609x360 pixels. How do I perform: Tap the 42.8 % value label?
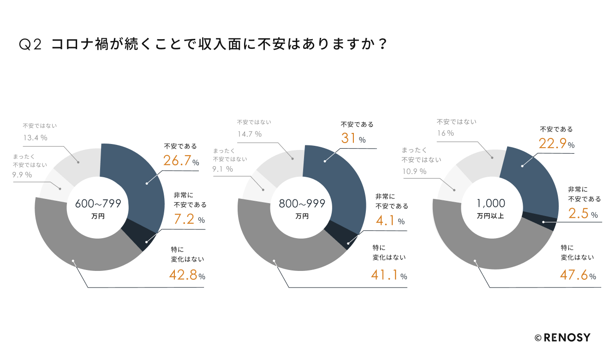pyautogui.click(x=187, y=276)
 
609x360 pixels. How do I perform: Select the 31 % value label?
pyautogui.click(x=353, y=138)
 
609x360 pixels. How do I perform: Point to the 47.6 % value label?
pyautogui.click(x=578, y=276)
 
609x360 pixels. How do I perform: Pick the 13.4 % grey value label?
pyautogui.click(x=35, y=138)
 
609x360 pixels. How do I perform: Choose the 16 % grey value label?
pyautogui.click(x=445, y=133)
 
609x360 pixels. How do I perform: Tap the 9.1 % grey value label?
pyautogui.click(x=222, y=169)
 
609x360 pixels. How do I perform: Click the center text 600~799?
pyautogui.click(x=98, y=203)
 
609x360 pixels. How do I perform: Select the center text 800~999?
pyautogui.click(x=302, y=203)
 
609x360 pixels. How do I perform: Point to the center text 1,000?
pyautogui.click(x=491, y=203)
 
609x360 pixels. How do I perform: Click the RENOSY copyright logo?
pyautogui.click(x=562, y=337)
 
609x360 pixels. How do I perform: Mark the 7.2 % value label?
pyautogui.click(x=188, y=220)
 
